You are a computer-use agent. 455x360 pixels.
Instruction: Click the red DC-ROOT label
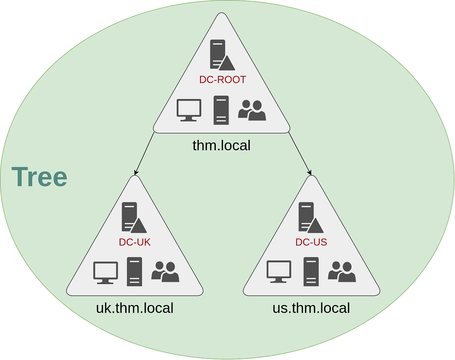point(223,80)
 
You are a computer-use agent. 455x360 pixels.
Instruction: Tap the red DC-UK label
point(135,242)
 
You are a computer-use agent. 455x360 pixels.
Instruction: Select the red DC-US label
point(311,242)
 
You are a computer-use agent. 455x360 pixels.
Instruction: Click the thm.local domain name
point(221,145)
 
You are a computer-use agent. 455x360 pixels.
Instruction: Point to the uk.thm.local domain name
point(135,308)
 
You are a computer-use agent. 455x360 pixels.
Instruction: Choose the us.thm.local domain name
point(311,308)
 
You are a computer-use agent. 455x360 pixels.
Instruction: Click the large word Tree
point(39,177)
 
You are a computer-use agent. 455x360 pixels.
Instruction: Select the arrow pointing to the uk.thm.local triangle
point(144,154)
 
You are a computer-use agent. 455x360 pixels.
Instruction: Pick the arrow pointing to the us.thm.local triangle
point(300,154)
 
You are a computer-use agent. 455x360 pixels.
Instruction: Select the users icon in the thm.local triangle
point(252,110)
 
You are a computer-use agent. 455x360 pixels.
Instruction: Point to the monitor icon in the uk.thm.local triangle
point(105,272)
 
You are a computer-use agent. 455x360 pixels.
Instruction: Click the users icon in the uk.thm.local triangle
point(165,272)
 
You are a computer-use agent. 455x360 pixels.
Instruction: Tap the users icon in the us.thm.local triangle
point(342,272)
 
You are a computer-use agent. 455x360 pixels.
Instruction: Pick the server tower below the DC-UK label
point(134,272)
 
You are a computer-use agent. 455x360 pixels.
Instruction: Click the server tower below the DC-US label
point(311,272)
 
